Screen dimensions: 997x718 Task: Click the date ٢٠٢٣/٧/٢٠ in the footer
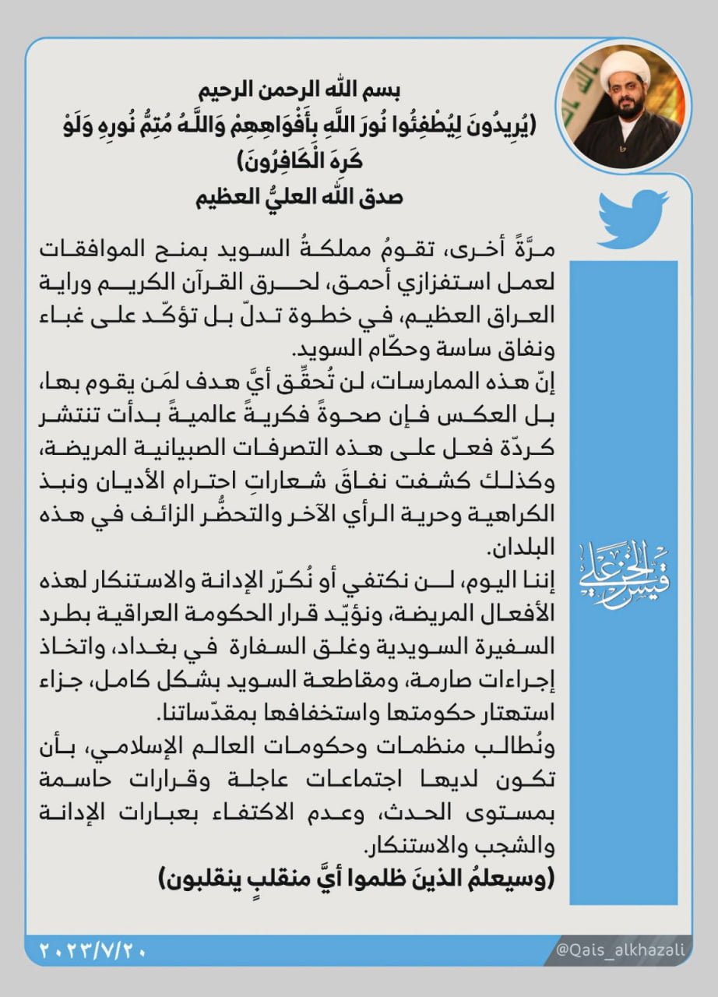[x=92, y=951]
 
